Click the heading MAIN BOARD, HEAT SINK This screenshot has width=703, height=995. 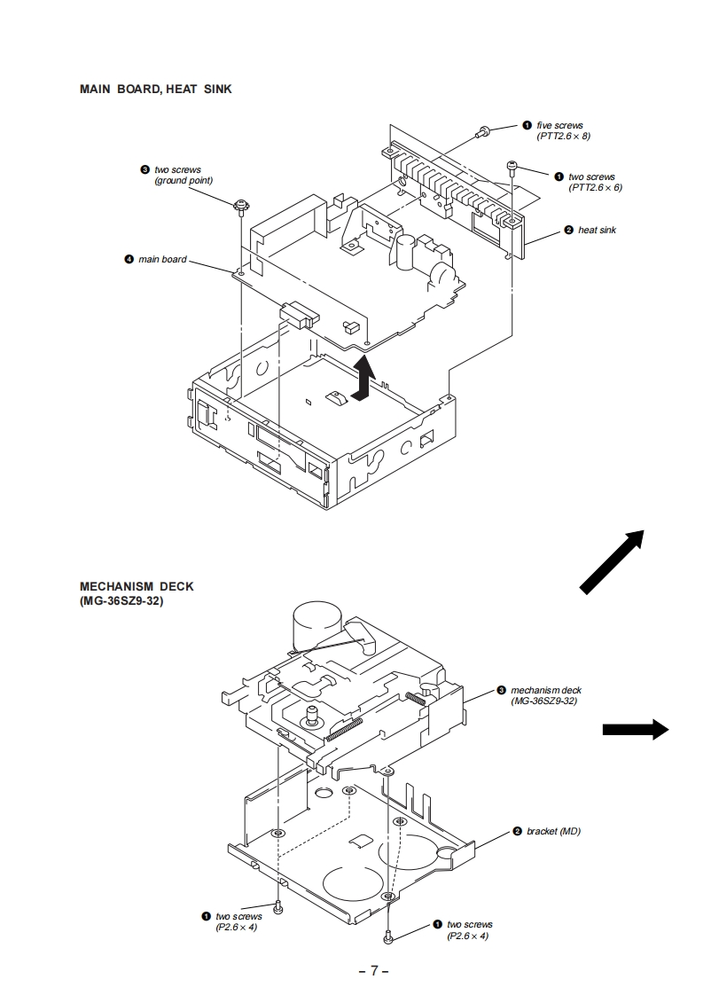pyautogui.click(x=155, y=89)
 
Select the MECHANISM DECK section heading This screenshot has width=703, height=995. pyautogui.click(x=137, y=586)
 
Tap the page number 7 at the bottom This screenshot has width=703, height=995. pyautogui.click(x=374, y=970)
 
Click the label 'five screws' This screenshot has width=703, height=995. pyautogui.click(x=559, y=126)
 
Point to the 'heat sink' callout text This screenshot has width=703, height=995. pyautogui.click(x=597, y=231)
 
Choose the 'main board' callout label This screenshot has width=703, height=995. pyautogui.click(x=162, y=259)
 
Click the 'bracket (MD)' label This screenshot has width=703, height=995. pyautogui.click(x=553, y=831)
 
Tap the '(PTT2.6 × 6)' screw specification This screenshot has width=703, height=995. pyautogui.click(x=595, y=188)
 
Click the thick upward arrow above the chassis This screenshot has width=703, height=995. pyautogui.click(x=362, y=380)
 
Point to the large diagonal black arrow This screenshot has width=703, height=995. pyautogui.click(x=612, y=558)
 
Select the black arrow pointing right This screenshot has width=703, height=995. pyautogui.click(x=635, y=729)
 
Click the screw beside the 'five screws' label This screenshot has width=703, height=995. pyautogui.click(x=483, y=131)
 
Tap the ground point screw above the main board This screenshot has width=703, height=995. pyautogui.click(x=239, y=207)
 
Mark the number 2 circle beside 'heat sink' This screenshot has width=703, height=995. pyautogui.click(x=568, y=231)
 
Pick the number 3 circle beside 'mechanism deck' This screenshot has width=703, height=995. pyautogui.click(x=501, y=689)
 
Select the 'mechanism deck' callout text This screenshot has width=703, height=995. pyautogui.click(x=545, y=690)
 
